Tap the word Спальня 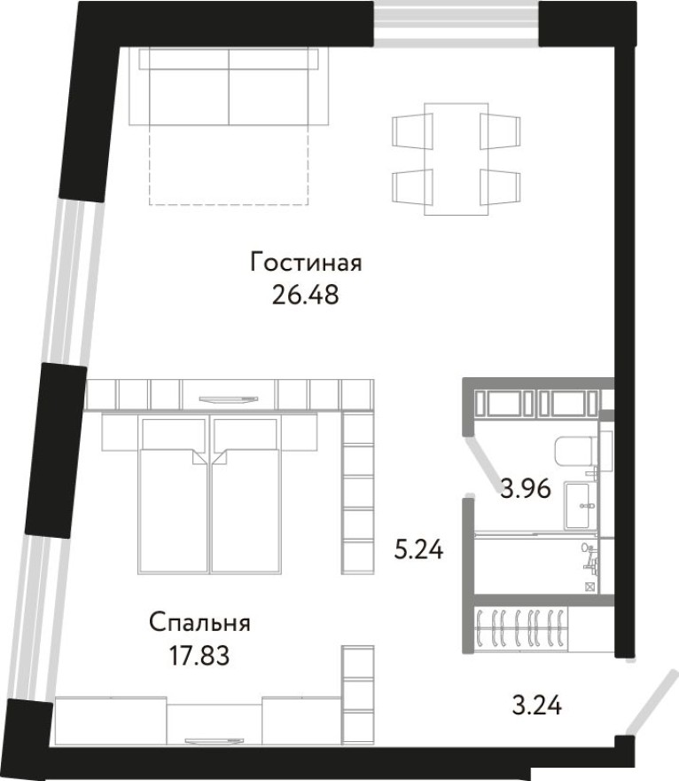click(x=199, y=623)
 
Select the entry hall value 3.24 click(x=537, y=706)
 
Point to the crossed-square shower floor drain click(x=590, y=587)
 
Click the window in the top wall click(x=456, y=22)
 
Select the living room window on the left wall click(x=67, y=280)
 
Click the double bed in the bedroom click(x=209, y=497)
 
